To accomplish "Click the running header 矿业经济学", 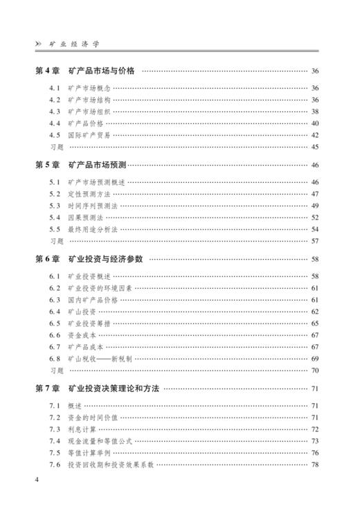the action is point(75,43).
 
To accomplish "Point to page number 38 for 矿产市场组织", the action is point(315,111).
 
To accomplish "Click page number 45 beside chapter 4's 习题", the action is point(315,147).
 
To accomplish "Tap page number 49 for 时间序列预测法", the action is point(315,206).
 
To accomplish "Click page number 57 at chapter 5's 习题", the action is point(315,241).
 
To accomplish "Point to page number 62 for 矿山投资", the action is point(315,312).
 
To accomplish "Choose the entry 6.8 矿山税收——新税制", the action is point(100,359).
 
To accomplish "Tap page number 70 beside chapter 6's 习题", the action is point(315,370).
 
